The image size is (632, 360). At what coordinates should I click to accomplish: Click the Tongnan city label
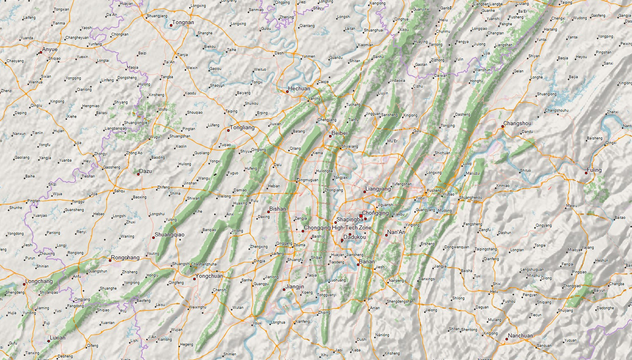tap(183, 22)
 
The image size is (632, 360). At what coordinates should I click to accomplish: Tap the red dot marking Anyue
tap(41, 52)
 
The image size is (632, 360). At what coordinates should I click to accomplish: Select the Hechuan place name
tap(299, 88)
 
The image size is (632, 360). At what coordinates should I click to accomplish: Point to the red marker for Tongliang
tap(228, 130)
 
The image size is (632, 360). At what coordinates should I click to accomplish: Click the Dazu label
tap(145, 171)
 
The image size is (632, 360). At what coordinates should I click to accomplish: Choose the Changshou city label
tap(517, 124)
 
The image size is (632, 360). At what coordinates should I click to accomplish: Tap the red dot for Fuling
tap(587, 173)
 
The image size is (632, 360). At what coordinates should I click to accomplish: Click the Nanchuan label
tap(520, 336)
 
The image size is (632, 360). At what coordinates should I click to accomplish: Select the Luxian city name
tap(58, 338)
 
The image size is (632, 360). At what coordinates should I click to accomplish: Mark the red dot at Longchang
tap(24, 284)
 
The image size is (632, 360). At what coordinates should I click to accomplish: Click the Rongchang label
tap(125, 258)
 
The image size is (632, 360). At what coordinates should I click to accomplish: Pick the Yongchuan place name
tap(209, 276)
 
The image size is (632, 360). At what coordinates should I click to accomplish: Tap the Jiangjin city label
tap(295, 287)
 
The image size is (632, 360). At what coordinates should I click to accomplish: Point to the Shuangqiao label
tap(169, 235)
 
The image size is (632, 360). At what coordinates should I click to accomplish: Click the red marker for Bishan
tap(269, 212)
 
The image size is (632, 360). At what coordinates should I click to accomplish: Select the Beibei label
tap(339, 133)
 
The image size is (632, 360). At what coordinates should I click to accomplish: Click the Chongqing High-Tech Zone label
tap(337, 228)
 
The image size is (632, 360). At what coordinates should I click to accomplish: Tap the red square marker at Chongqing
tap(361, 216)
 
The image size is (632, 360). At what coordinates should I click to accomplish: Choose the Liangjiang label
tap(378, 189)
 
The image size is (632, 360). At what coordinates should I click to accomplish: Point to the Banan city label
tap(367, 262)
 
